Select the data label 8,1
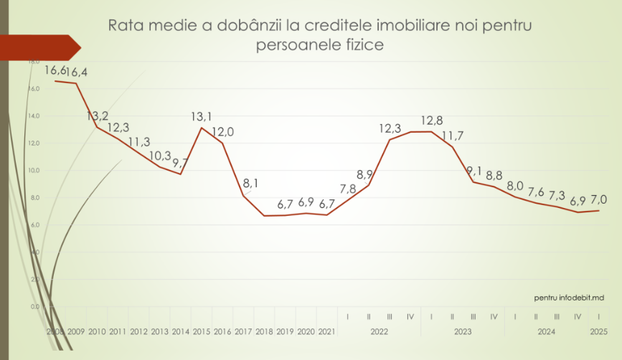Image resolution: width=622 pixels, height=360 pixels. pos(251,183)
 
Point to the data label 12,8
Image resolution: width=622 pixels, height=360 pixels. pos(433,120)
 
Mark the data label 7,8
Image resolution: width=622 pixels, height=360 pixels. pos(347,189)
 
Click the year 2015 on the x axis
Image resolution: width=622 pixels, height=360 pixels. pos(202,332)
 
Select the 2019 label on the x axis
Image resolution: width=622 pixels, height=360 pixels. pos(286,332)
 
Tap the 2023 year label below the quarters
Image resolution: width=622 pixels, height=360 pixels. pos(463,332)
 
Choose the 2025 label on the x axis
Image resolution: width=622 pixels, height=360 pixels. pos(598,332)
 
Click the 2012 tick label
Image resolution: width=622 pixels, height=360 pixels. pos(138,332)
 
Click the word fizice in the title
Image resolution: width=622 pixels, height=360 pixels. pos(359,44)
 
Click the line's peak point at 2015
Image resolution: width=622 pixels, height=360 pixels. pos(202,128)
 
